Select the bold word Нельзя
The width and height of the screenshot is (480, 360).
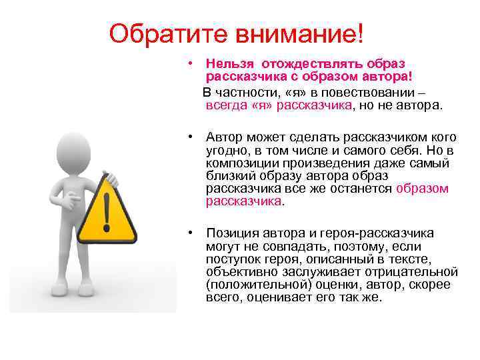pyautogui.click(x=231, y=64)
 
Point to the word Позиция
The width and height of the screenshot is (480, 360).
pyautogui.click(x=231, y=233)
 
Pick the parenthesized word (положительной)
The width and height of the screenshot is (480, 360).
pyautogui.click(x=253, y=284)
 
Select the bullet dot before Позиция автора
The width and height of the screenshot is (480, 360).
pyautogui.click(x=191, y=233)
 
